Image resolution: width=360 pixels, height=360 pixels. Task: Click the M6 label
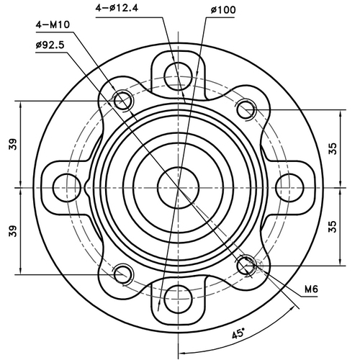tap(311, 289)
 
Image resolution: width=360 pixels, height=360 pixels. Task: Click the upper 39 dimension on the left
tap(13, 144)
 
